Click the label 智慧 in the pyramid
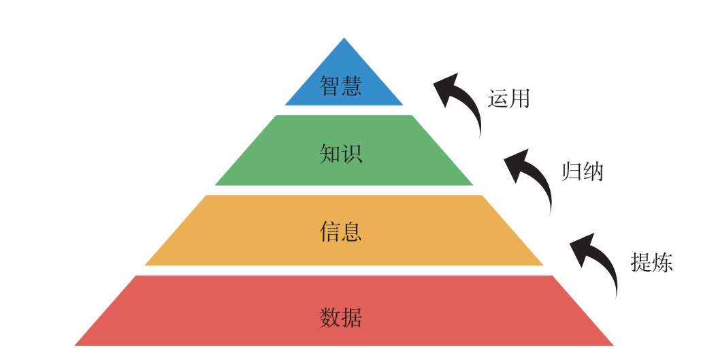[341, 85]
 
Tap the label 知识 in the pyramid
[341, 153]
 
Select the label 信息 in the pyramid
[341, 232]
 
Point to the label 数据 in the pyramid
[341, 317]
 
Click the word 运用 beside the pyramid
[508, 99]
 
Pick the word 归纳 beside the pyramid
[583, 171]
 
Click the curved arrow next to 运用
[463, 102]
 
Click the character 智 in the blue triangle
[330, 85]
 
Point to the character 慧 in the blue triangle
[352, 85]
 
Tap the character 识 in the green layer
[352, 153]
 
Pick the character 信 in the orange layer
[330, 232]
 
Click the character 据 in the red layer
[352, 317]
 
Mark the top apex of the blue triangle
[344, 39]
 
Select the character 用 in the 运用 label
[519, 99]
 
